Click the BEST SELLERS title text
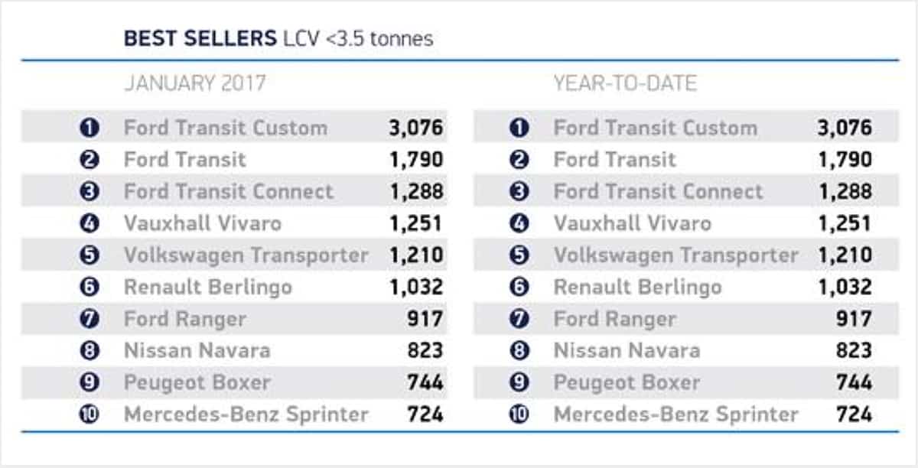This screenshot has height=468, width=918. pyautogui.click(x=199, y=38)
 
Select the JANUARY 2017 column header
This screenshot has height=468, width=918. pyautogui.click(x=194, y=83)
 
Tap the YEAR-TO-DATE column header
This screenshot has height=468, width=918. pyautogui.click(x=625, y=83)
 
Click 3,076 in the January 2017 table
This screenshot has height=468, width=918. pyautogui.click(x=415, y=128)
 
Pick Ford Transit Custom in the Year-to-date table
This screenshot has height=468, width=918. pyautogui.click(x=655, y=128)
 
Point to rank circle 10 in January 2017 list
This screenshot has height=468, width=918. pyautogui.click(x=90, y=414)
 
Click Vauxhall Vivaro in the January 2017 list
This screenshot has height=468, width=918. pyautogui.click(x=203, y=223)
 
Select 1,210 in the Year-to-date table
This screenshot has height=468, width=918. pyautogui.click(x=845, y=255)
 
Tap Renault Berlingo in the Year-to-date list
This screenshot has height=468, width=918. pyautogui.click(x=637, y=287)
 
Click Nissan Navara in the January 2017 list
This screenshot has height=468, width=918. pyautogui.click(x=197, y=350)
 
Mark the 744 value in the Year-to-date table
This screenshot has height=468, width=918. pyautogui.click(x=854, y=382)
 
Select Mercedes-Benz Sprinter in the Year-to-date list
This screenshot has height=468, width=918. pyautogui.click(x=675, y=414)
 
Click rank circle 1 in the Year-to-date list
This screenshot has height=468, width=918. pyautogui.click(x=519, y=128)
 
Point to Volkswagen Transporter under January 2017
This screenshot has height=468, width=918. pyautogui.click(x=246, y=255)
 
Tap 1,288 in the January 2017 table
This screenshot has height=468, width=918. pyautogui.click(x=415, y=191)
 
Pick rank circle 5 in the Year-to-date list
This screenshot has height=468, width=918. pyautogui.click(x=519, y=255)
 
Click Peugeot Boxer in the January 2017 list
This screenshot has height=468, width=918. pyautogui.click(x=197, y=382)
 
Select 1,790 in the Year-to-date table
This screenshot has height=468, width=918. pyautogui.click(x=845, y=159)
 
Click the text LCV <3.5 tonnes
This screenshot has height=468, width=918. pyautogui.click(x=358, y=38)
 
